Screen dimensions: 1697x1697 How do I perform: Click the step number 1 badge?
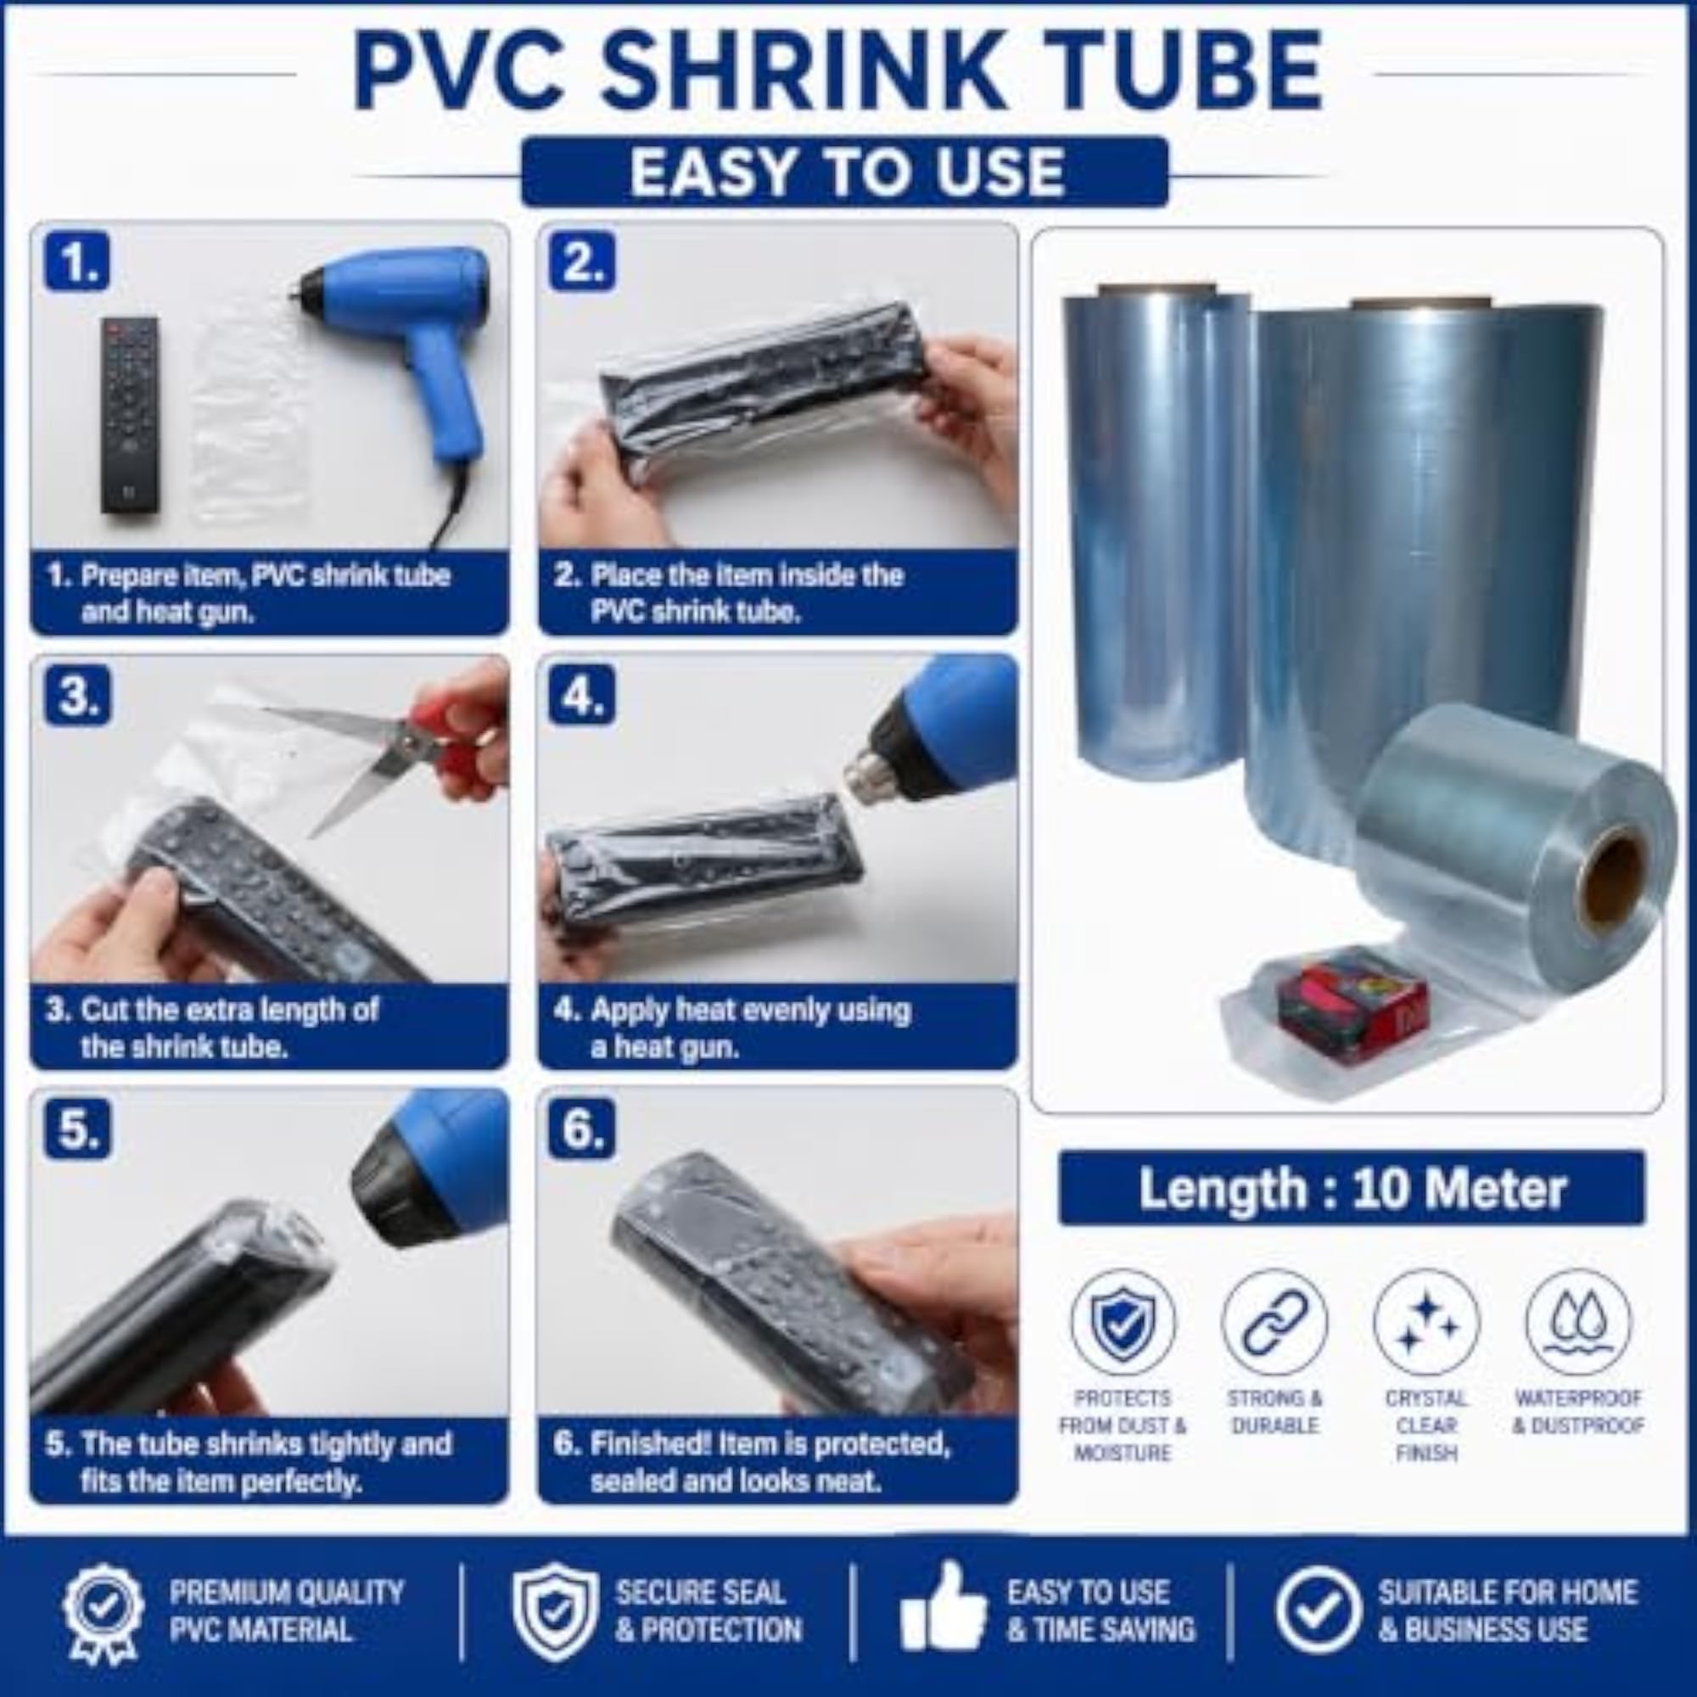tap(77, 260)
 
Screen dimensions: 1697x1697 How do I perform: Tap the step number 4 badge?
tap(582, 696)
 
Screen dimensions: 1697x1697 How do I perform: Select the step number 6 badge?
tap(582, 1129)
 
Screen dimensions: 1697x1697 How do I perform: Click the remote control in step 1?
tap(130, 416)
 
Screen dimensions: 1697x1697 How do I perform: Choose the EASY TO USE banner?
tap(845, 171)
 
